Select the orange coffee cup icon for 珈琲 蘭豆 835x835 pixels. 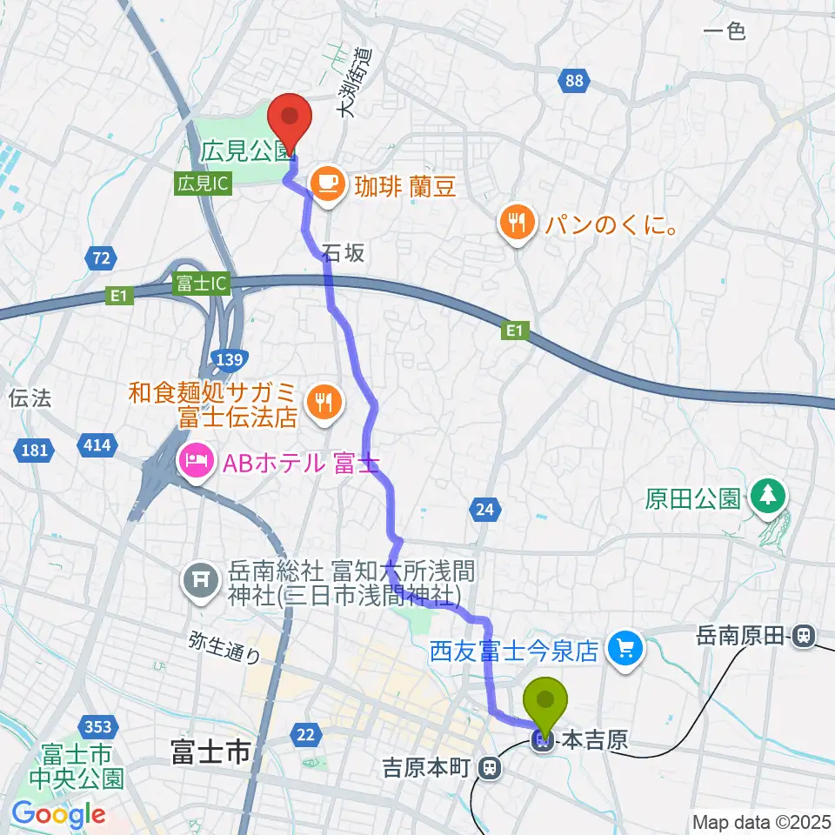pyautogui.click(x=327, y=183)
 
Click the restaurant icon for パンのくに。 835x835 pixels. pyautogui.click(x=518, y=222)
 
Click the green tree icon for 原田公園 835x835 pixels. pyautogui.click(x=767, y=498)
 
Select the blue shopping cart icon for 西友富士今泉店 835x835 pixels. pyautogui.click(x=626, y=647)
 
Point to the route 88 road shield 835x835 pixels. pyautogui.click(x=572, y=81)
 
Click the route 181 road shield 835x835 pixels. pyautogui.click(x=34, y=450)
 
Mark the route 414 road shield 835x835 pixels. pyautogui.click(x=97, y=446)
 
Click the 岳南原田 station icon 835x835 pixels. pyautogui.click(x=805, y=637)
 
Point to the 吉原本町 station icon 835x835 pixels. pyautogui.click(x=491, y=768)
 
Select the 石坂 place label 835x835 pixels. pyautogui.click(x=343, y=253)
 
